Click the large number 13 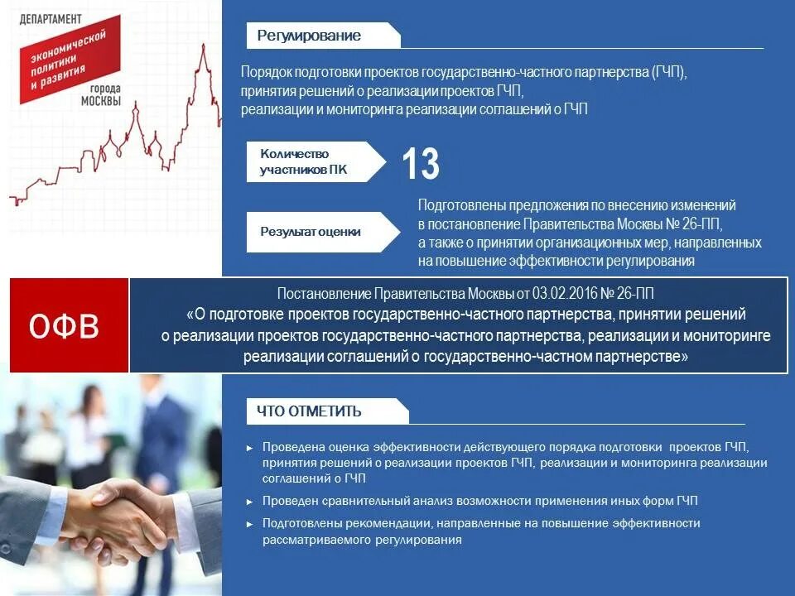click(421, 163)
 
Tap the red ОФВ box click(65, 326)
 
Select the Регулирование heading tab click(309, 36)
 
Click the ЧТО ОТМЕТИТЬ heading click(309, 411)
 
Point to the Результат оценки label click(311, 232)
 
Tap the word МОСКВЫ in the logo click(100, 102)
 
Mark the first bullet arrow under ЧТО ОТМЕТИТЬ click(250, 448)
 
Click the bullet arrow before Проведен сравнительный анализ click(250, 502)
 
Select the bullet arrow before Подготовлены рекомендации click(250, 524)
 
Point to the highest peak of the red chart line click(203, 45)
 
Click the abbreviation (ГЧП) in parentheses click(669, 72)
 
